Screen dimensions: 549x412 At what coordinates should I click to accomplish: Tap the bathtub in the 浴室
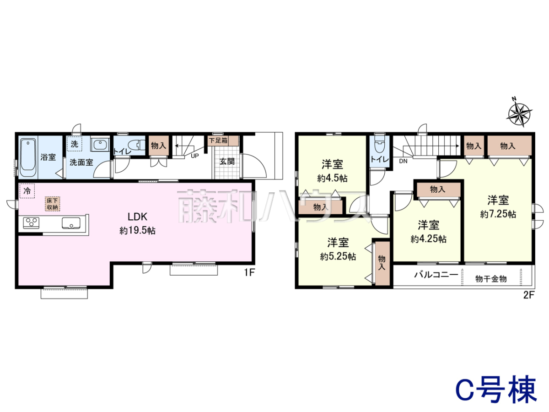[x=28, y=157]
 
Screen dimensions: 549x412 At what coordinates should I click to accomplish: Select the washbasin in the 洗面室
[x=100, y=144]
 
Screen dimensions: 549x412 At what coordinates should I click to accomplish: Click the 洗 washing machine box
[x=74, y=144]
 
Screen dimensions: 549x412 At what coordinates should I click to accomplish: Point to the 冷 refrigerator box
[x=27, y=191]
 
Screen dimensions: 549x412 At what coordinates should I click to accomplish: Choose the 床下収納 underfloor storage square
[x=53, y=204]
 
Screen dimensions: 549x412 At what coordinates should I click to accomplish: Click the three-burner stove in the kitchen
[x=31, y=222]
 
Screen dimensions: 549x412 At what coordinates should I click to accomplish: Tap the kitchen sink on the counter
[x=71, y=223]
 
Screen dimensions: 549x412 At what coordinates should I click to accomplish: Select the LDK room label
[x=137, y=217]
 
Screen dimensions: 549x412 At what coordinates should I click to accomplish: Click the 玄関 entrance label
[x=227, y=162]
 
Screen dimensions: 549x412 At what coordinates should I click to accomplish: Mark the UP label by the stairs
[x=195, y=156]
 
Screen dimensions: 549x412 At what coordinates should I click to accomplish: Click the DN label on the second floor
[x=403, y=161]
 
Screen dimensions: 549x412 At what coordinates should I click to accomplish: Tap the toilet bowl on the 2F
[x=380, y=144]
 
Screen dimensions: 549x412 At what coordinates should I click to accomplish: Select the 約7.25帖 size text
[x=498, y=214]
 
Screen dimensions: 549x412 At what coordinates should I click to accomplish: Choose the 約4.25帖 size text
[x=428, y=239]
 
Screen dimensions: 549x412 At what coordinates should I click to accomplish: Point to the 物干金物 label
[x=491, y=279]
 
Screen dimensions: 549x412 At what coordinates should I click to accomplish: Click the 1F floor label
[x=249, y=272]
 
